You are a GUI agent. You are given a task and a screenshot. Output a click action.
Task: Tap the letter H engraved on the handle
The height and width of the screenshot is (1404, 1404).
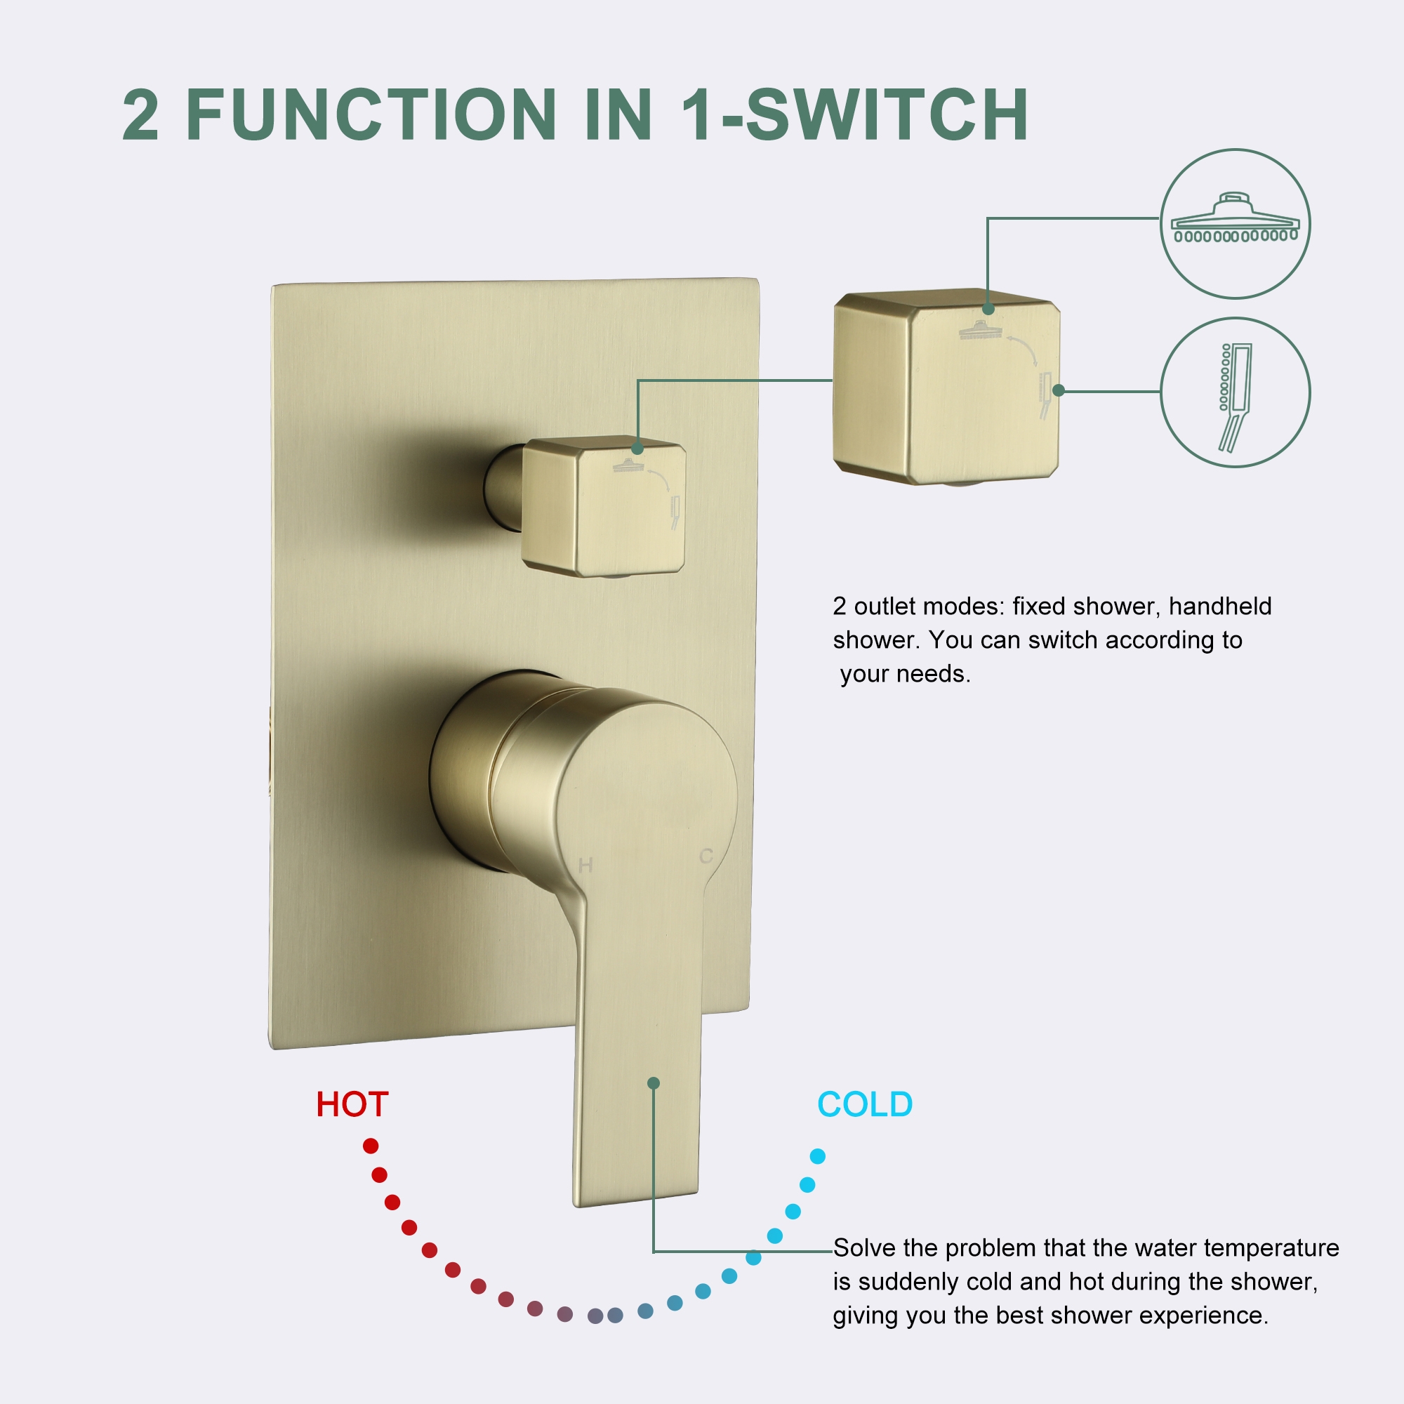(585, 866)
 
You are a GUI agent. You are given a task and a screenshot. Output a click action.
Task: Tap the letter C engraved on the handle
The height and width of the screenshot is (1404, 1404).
(706, 856)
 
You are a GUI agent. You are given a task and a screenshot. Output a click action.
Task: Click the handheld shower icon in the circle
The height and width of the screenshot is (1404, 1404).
(1235, 396)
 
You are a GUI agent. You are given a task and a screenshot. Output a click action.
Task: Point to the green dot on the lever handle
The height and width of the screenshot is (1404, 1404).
(654, 1082)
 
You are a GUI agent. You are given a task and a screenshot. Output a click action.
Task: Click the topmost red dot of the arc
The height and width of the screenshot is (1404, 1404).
(371, 1146)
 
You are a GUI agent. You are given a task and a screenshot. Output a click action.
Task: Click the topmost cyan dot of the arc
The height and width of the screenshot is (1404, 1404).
(818, 1156)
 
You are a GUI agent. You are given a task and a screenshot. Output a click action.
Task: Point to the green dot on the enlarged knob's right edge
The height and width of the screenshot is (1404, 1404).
(1058, 390)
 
